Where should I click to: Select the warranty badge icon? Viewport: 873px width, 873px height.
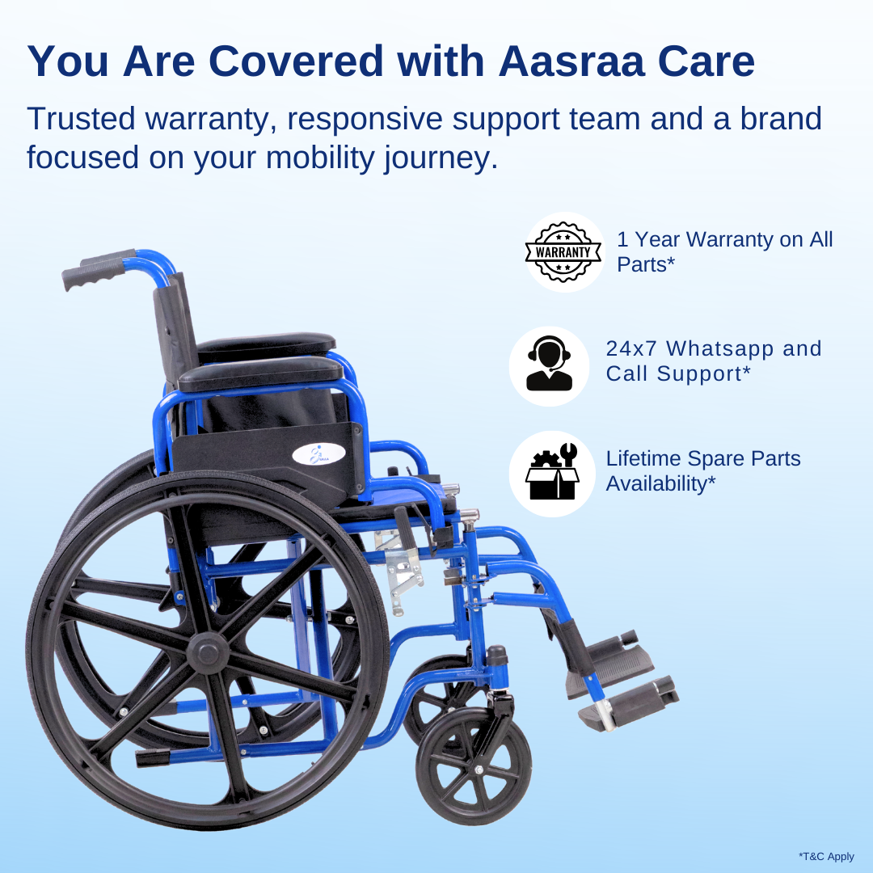tap(563, 251)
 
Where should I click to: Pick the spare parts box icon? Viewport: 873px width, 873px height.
tap(551, 473)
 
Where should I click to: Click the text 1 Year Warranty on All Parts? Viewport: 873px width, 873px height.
tap(724, 251)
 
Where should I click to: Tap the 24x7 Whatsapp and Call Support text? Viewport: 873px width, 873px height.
tap(713, 361)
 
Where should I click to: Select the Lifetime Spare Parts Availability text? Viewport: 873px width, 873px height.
tap(703, 471)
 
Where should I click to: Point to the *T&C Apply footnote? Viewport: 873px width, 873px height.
tap(826, 856)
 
